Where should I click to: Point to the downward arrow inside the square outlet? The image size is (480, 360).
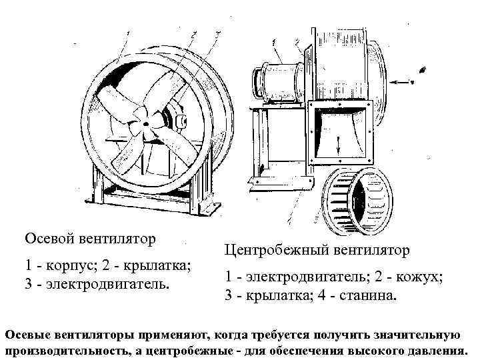pyautogui.click(x=338, y=143)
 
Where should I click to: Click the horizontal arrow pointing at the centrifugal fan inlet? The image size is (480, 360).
pyautogui.click(x=400, y=82)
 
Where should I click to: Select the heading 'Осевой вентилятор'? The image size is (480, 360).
pyautogui.click(x=90, y=238)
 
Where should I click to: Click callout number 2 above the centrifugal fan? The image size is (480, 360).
pyautogui.click(x=297, y=42)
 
